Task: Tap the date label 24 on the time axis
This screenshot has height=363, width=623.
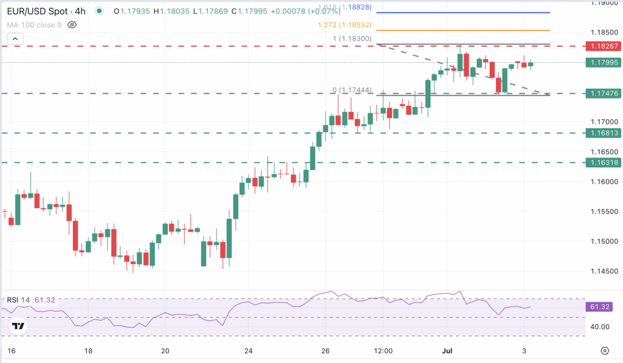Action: pyautogui.click(x=248, y=351)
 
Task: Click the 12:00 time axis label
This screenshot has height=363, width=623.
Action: pyautogui.click(x=383, y=351)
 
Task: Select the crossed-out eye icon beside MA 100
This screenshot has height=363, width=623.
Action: pyautogui.click(x=72, y=25)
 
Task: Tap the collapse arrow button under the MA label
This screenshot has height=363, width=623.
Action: pyautogui.click(x=16, y=40)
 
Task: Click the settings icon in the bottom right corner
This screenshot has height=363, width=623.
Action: pyautogui.click(x=604, y=351)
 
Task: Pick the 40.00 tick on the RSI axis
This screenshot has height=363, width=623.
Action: pyautogui.click(x=599, y=327)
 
